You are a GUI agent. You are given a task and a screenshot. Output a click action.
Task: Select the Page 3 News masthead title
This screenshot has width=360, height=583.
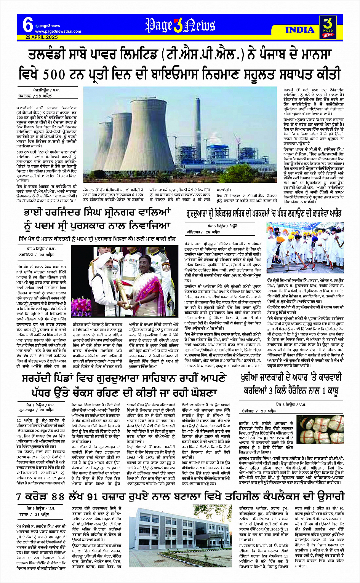180,26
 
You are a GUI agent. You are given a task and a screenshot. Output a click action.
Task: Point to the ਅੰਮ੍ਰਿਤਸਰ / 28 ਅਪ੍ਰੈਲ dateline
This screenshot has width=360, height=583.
206,232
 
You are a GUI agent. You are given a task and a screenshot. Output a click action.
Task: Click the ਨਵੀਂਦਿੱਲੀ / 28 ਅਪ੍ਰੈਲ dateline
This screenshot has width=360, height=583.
37,255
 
